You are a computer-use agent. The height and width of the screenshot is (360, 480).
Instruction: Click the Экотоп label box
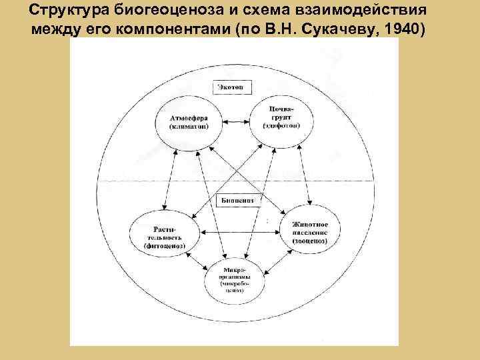229,87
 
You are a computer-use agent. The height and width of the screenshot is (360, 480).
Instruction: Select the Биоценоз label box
235,199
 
